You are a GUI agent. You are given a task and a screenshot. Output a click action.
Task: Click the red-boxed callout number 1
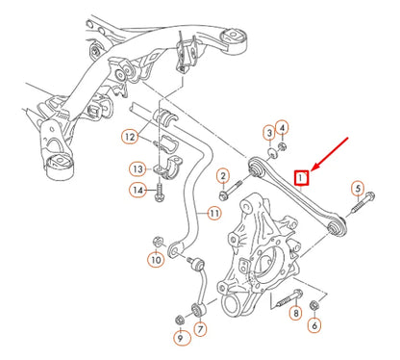pyautogui.click(x=301, y=178)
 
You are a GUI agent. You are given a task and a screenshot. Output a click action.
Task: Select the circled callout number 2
pyautogui.click(x=222, y=176)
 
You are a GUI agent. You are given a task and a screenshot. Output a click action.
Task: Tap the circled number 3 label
pyautogui.click(x=267, y=132)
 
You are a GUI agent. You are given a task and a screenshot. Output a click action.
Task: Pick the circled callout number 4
pyautogui.click(x=282, y=126)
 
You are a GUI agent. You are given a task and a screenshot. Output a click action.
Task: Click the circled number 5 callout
pyautogui.click(x=358, y=189)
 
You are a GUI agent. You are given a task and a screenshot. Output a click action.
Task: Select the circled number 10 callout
pyautogui.click(x=156, y=259)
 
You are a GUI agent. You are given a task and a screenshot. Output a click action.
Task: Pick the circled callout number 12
pyautogui.click(x=129, y=137)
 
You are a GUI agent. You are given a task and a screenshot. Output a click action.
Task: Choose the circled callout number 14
pyautogui.click(x=138, y=192)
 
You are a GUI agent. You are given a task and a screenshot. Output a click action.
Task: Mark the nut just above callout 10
pyautogui.click(x=157, y=239)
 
